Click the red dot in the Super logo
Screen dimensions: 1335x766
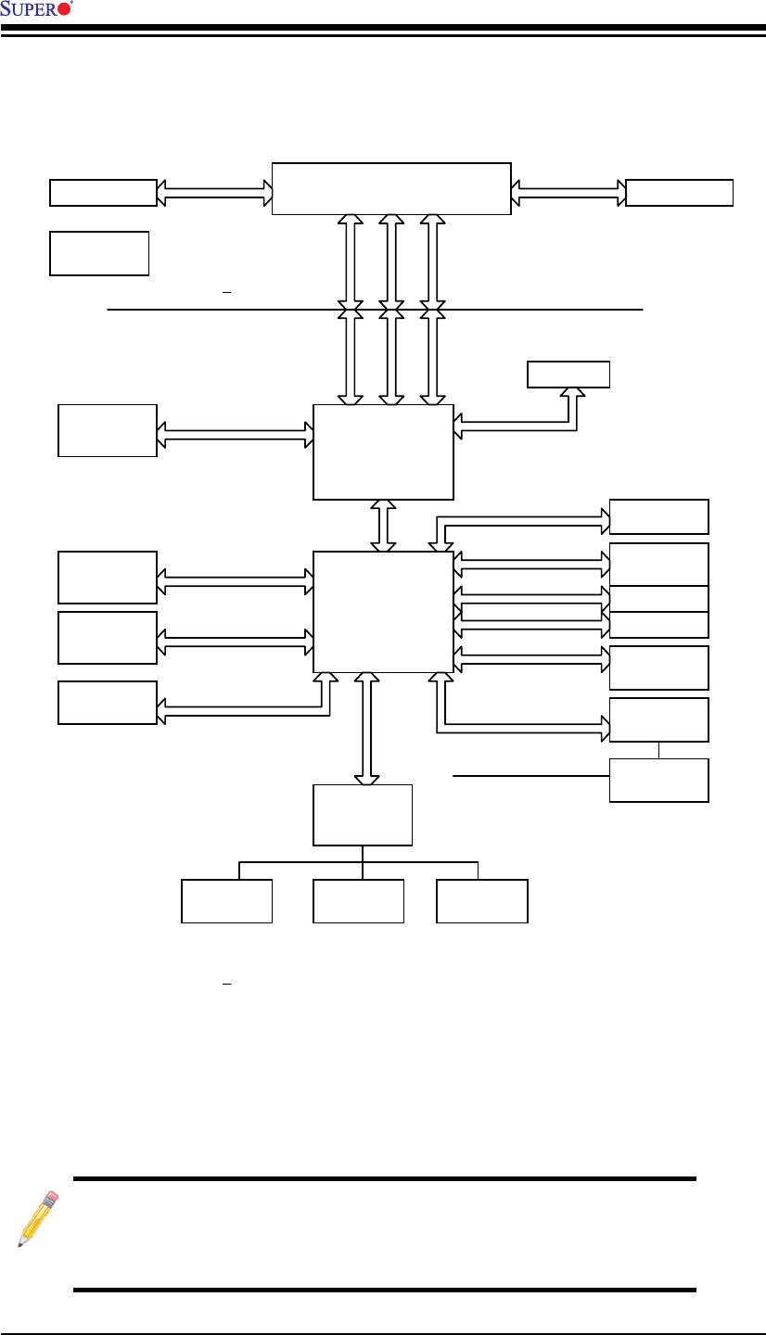(64, 9)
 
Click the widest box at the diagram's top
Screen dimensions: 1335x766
(390, 188)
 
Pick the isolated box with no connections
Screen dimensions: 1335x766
(99, 253)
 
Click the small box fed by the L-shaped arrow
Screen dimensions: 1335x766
(568, 374)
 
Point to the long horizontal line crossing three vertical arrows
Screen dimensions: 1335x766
(232, 309)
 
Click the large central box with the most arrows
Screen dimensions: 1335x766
(383, 611)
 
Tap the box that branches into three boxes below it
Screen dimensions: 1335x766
(363, 814)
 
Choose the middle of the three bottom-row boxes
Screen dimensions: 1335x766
(359, 901)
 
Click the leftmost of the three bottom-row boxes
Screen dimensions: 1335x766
(226, 901)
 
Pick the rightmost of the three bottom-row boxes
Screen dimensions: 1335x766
(482, 901)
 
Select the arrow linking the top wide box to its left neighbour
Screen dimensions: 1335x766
(214, 192)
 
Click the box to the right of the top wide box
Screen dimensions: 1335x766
(680, 192)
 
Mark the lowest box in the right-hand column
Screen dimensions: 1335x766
(659, 780)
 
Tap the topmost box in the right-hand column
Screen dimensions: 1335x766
(659, 516)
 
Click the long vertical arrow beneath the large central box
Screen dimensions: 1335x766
(368, 729)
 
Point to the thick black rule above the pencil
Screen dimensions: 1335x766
(384, 1178)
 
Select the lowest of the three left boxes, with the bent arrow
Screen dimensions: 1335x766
(108, 702)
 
